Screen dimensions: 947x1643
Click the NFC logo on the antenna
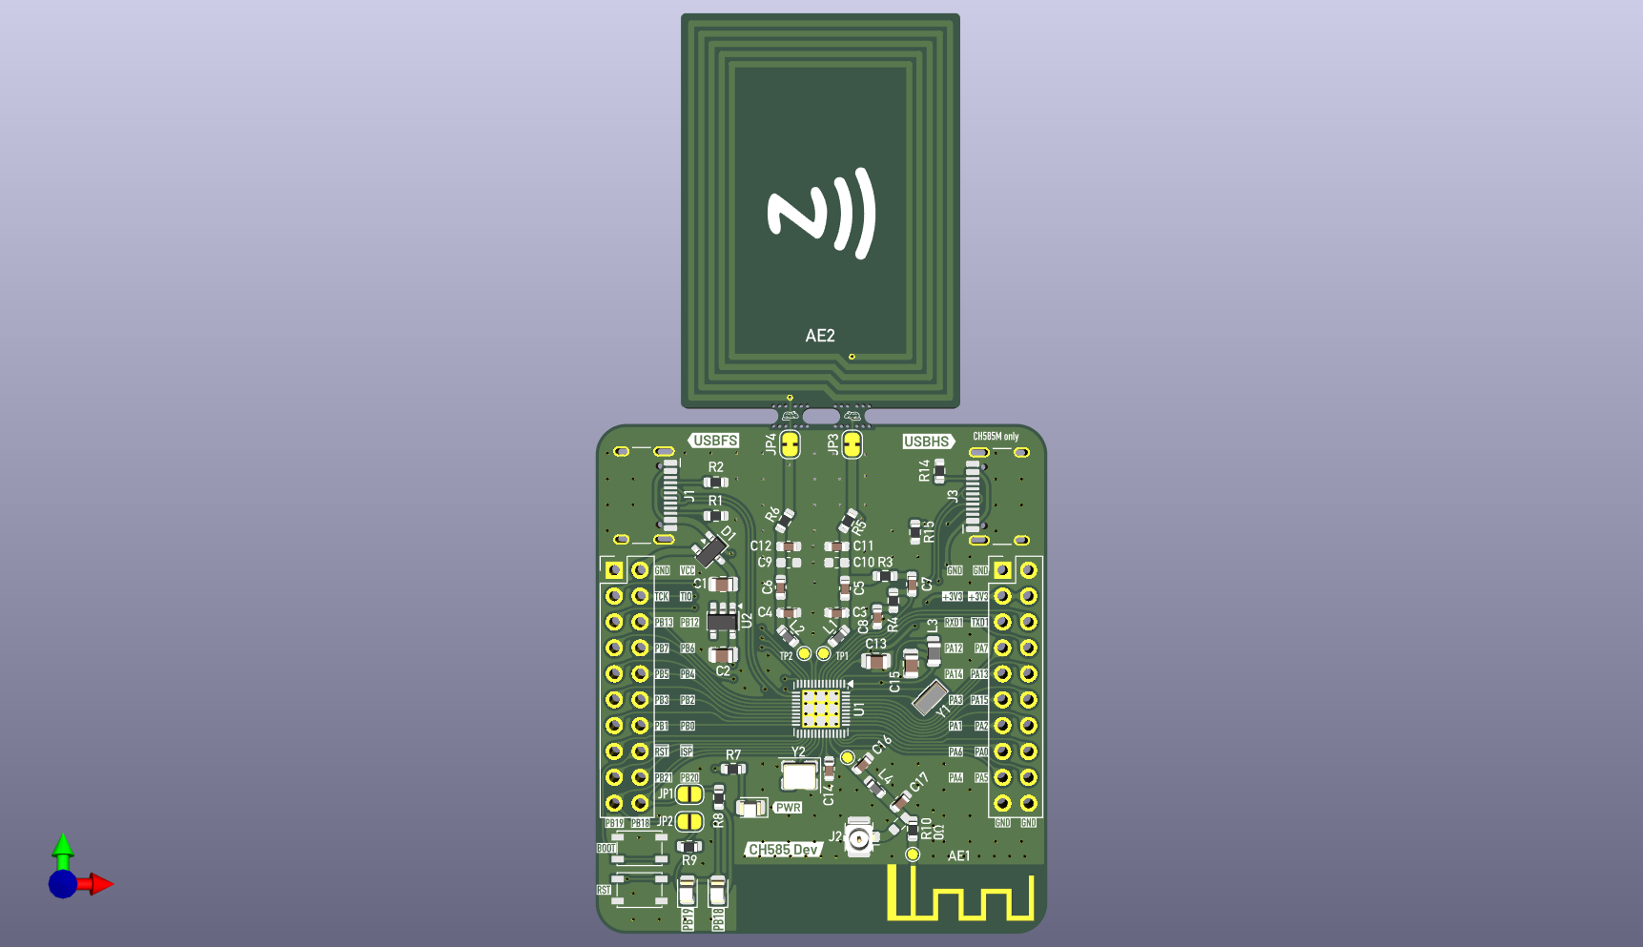[820, 214]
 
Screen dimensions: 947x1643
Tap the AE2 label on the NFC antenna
[820, 336]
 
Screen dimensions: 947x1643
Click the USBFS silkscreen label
[715, 441]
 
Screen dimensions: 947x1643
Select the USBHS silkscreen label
[927, 442]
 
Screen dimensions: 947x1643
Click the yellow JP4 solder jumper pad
[790, 444]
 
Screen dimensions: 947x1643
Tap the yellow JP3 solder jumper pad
[852, 444]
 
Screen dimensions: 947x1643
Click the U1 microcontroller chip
[820, 709]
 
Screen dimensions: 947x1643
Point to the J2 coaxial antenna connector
[860, 839]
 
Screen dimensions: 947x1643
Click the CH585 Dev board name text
[783, 850]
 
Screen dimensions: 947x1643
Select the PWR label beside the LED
[788, 808]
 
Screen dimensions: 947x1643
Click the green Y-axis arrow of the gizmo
[63, 848]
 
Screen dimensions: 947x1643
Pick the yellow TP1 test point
[823, 654]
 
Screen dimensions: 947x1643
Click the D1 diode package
[709, 549]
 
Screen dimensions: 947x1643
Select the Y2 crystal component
[798, 775]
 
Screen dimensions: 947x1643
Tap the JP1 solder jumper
[689, 794]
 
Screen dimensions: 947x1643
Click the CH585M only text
[996, 437]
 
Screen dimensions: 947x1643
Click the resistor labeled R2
[715, 483]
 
